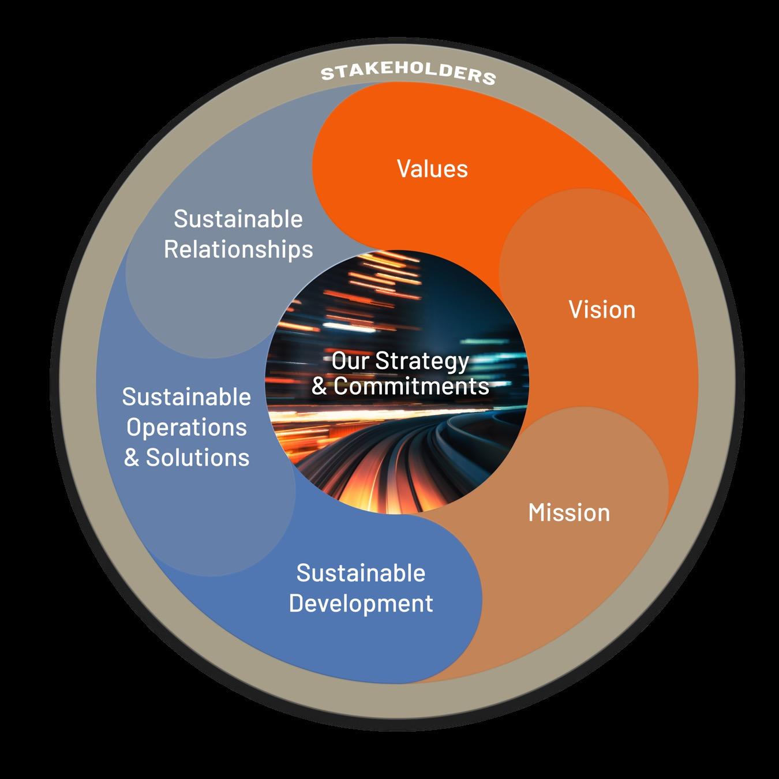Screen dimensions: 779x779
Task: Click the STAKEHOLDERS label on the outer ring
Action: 408,74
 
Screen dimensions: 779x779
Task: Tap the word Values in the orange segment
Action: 432,168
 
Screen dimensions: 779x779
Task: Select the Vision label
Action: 602,309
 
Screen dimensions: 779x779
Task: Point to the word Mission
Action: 569,512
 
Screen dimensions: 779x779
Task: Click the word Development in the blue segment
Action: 361,603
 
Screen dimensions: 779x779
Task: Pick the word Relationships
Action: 238,249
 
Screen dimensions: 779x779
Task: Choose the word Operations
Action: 186,427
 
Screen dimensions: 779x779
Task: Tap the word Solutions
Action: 197,458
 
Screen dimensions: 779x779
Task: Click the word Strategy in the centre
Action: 422,361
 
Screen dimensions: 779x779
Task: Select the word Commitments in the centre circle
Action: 411,386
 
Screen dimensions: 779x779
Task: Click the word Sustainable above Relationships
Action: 238,219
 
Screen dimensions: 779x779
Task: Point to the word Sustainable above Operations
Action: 186,397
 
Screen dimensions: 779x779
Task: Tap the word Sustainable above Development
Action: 361,573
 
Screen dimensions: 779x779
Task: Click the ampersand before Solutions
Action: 132,458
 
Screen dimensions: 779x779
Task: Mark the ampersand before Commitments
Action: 319,387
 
